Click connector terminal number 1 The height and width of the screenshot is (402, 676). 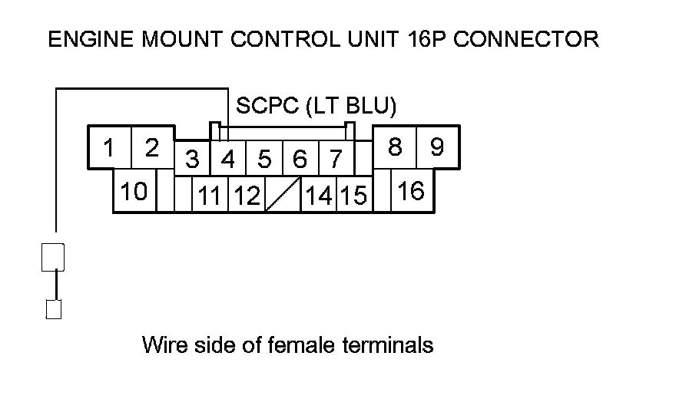[110, 147]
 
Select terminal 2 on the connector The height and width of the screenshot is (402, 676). [152, 147]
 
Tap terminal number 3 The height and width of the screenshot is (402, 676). [193, 160]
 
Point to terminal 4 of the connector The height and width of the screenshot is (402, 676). [228, 160]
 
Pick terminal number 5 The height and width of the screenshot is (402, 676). [264, 160]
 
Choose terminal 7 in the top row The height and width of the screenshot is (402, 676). [336, 160]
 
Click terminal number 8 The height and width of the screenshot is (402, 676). [395, 147]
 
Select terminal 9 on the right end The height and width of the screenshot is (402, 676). [437, 147]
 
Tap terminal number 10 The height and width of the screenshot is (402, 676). [134, 191]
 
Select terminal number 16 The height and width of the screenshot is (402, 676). [412, 191]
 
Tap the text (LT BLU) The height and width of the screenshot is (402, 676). [350, 106]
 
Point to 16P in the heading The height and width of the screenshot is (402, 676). [423, 39]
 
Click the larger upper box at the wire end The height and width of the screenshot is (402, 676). [53, 257]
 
